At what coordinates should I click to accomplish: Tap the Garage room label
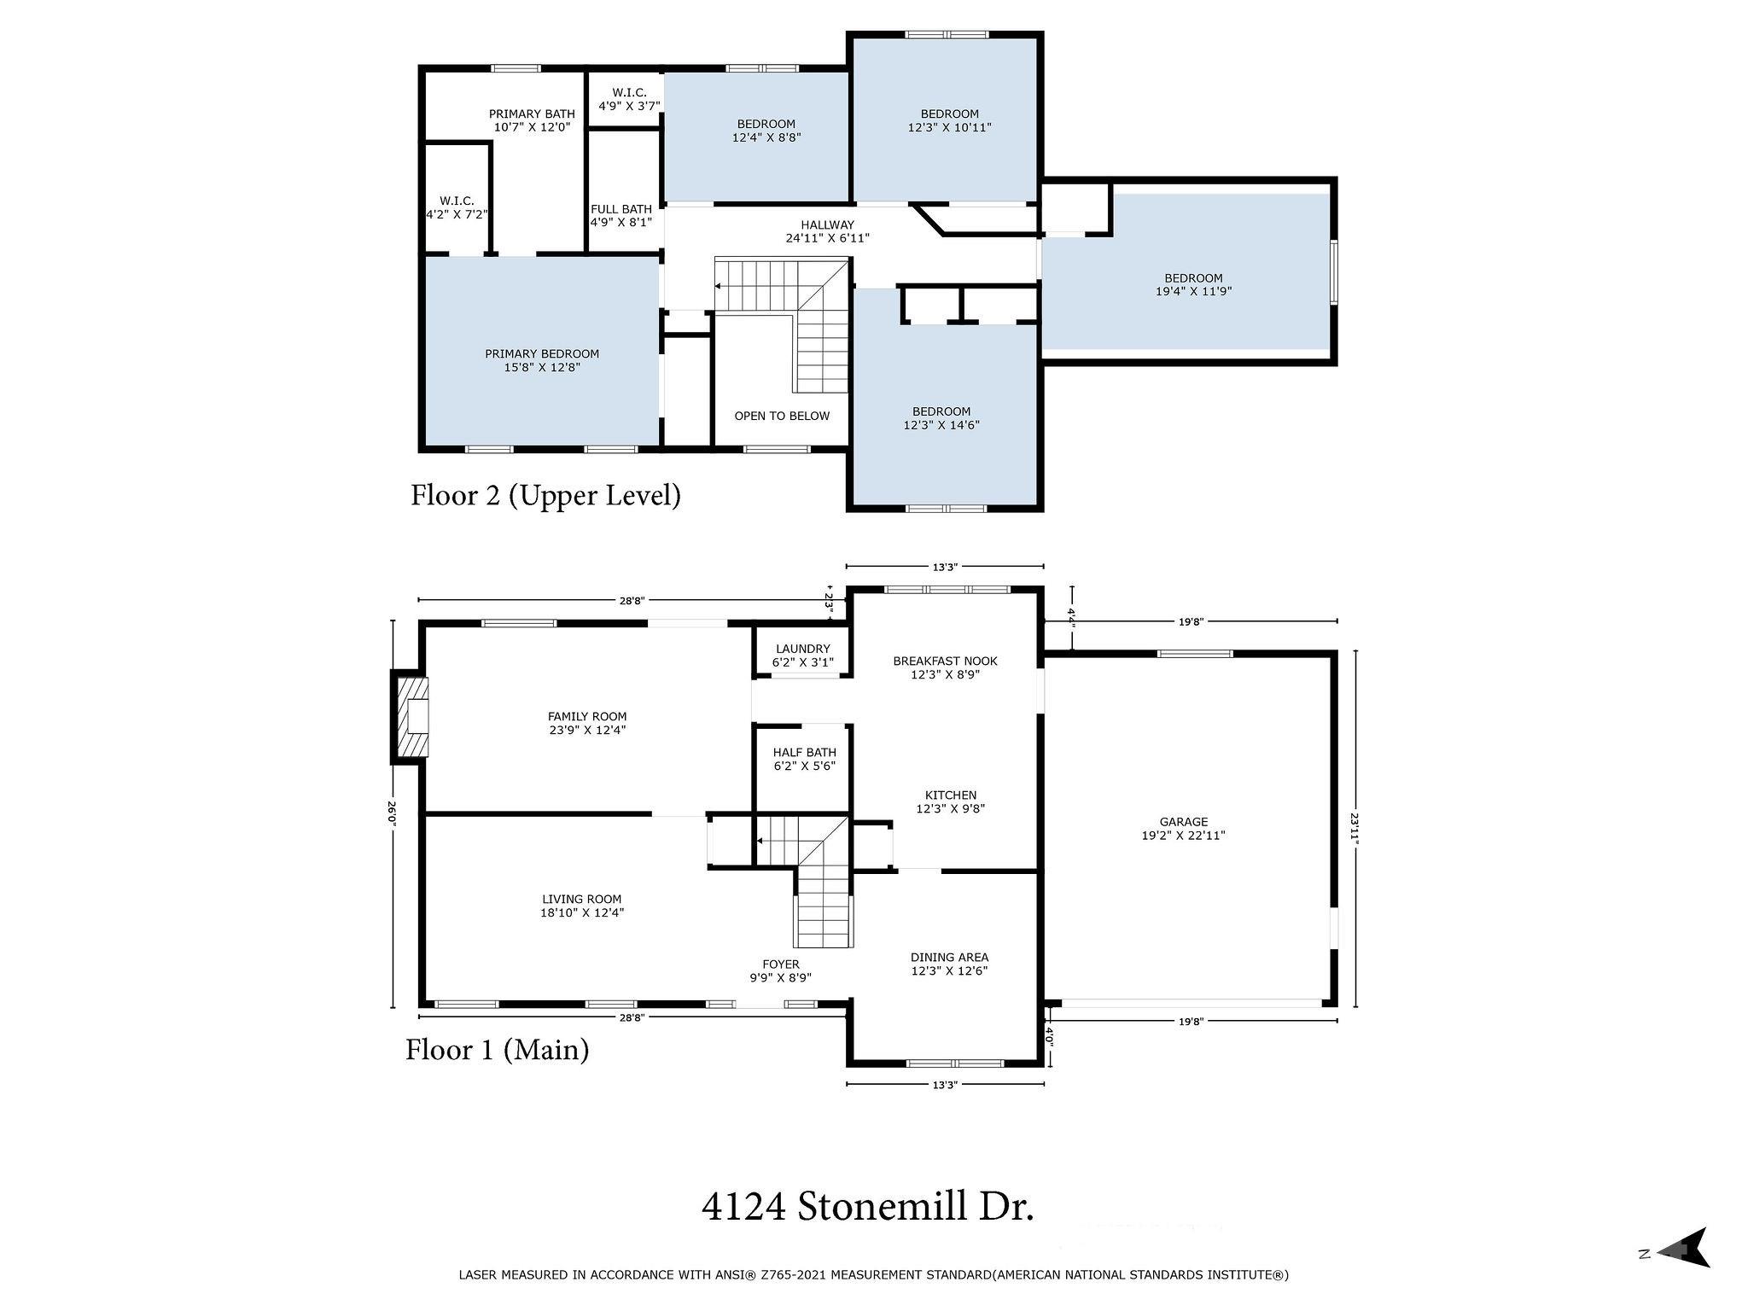(x=1183, y=829)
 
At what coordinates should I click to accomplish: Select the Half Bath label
(x=804, y=759)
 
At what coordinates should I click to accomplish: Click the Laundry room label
(x=802, y=655)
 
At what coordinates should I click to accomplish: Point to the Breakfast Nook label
(x=945, y=667)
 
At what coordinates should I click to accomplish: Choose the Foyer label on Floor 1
(x=780, y=970)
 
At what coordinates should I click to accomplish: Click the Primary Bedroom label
(x=542, y=360)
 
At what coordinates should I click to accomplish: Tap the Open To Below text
(x=782, y=416)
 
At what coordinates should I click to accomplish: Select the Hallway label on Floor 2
(x=827, y=231)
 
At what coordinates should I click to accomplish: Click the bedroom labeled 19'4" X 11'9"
(x=1193, y=284)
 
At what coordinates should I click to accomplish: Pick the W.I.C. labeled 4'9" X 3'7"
(x=629, y=99)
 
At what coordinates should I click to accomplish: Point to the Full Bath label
(x=621, y=215)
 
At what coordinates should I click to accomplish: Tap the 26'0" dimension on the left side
(x=392, y=813)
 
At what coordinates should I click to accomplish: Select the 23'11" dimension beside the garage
(x=1354, y=827)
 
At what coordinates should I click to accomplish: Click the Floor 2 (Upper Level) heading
(x=545, y=495)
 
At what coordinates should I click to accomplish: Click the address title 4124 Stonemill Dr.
(x=867, y=1207)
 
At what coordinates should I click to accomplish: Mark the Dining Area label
(x=949, y=964)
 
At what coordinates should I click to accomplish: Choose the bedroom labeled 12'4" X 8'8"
(x=766, y=131)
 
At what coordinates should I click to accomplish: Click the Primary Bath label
(x=532, y=120)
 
